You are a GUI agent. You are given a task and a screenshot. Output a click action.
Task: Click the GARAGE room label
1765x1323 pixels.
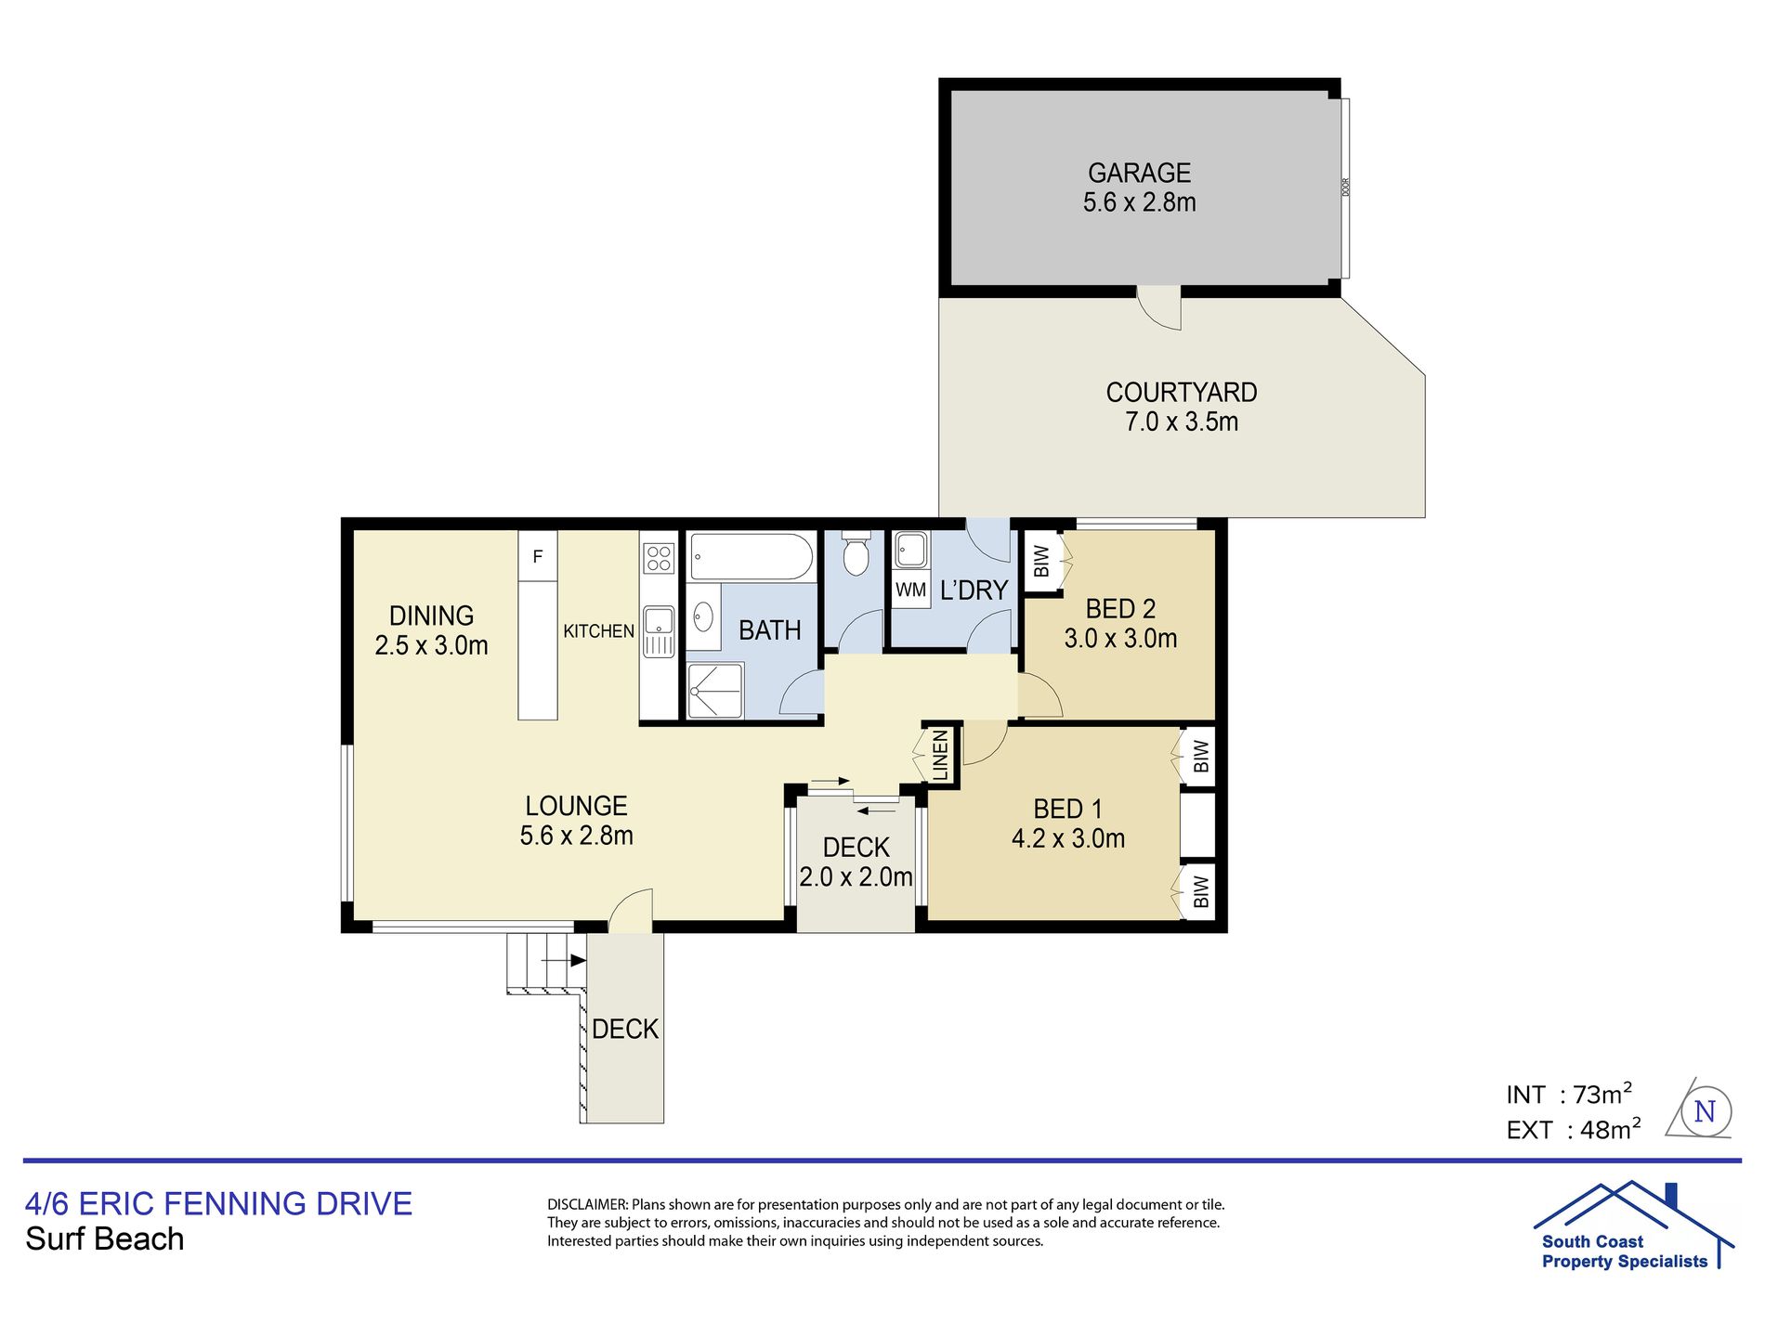(x=1139, y=174)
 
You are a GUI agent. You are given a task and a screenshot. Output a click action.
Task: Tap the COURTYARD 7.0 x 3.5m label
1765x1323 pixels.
(x=1182, y=407)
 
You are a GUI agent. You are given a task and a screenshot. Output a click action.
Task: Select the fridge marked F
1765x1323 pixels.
(x=538, y=556)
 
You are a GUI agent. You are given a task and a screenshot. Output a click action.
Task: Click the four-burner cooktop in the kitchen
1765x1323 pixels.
(x=659, y=558)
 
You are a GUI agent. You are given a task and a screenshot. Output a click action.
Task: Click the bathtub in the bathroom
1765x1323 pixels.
(x=752, y=556)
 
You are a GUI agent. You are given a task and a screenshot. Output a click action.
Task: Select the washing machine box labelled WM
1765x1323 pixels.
(x=910, y=590)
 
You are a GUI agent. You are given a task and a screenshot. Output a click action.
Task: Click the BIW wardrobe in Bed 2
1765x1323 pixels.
(x=1042, y=561)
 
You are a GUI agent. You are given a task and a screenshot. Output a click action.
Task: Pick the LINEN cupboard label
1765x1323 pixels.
(x=940, y=755)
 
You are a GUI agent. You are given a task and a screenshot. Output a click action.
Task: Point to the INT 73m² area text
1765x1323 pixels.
(x=1569, y=1095)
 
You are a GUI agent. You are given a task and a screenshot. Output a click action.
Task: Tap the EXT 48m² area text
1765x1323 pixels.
(x=1574, y=1129)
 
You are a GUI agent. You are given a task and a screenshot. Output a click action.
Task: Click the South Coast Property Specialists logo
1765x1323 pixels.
(x=1632, y=1226)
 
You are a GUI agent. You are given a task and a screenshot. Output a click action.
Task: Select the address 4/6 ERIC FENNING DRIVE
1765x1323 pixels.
(x=218, y=1203)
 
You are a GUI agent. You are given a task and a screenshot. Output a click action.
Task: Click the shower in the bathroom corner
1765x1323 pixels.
(x=715, y=690)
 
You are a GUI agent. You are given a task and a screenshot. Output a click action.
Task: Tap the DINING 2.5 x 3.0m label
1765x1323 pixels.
(x=431, y=630)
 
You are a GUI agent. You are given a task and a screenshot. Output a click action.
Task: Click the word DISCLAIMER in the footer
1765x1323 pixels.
(x=587, y=1205)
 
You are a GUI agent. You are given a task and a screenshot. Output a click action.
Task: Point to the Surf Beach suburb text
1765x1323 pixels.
(x=105, y=1239)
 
